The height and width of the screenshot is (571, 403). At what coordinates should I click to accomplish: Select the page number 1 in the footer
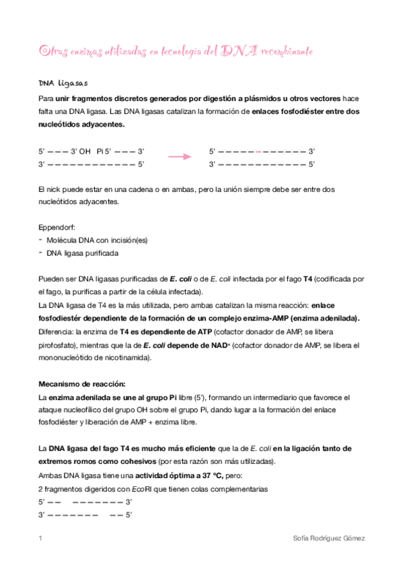[x=41, y=539]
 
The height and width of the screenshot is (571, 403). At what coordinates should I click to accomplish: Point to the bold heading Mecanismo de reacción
[x=82, y=383]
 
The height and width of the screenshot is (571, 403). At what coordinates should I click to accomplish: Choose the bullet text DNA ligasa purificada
[x=83, y=253]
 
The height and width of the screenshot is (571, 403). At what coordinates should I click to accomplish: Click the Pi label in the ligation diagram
[x=101, y=151]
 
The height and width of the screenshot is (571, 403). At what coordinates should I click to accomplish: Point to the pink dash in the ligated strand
[x=259, y=151]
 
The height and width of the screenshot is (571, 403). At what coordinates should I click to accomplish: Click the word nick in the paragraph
[x=54, y=189]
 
